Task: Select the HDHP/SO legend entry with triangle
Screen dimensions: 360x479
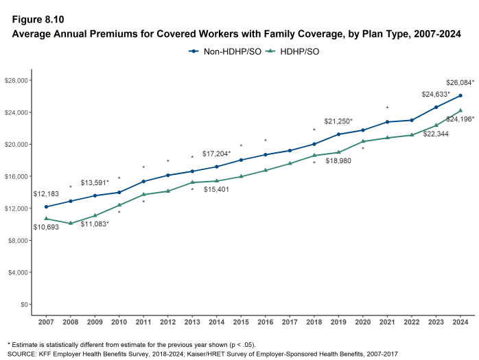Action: tap(293, 51)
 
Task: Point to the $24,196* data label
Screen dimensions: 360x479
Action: tap(460, 119)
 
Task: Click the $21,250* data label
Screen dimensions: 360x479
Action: tap(338, 121)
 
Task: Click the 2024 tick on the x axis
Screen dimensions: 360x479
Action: tap(460, 322)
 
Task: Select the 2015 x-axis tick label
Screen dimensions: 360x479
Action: tap(241, 322)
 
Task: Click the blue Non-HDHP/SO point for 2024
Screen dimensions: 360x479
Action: tap(460, 95)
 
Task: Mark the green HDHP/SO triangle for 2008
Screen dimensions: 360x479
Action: tap(71, 223)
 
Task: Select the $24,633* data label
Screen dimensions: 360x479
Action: tap(436, 94)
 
